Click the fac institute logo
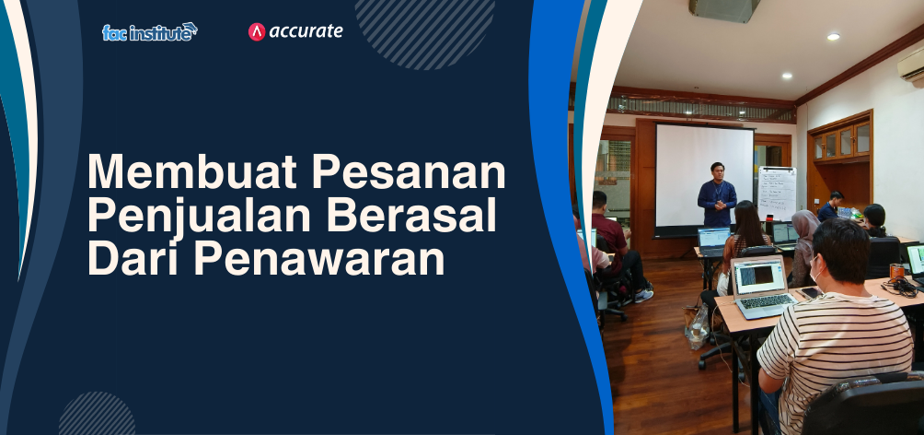(149, 31)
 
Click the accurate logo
(295, 31)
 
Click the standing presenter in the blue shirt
(716, 195)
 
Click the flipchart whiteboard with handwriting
(777, 193)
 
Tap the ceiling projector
(723, 9)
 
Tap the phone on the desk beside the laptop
(811, 293)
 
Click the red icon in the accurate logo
(257, 32)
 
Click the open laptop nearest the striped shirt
(761, 286)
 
